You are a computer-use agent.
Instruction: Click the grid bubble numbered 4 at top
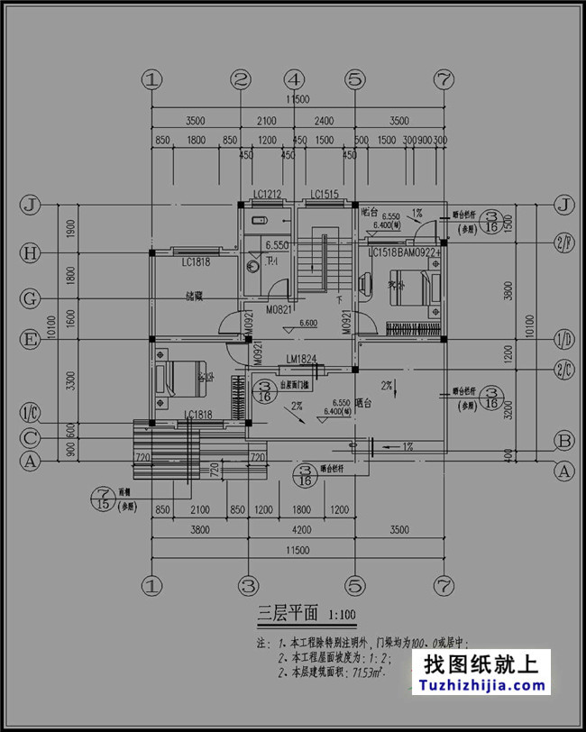coord(297,79)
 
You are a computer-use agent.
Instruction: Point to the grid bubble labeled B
coord(564,441)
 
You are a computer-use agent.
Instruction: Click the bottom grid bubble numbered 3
coord(250,586)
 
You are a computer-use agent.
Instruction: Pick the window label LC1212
coord(268,195)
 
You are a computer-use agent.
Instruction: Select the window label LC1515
coord(325,195)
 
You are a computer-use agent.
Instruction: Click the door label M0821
coord(277,309)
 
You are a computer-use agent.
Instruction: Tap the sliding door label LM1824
coord(300,360)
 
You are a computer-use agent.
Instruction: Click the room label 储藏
coord(194,295)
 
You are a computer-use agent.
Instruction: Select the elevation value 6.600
coord(307,324)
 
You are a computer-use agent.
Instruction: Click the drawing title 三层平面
coord(288,616)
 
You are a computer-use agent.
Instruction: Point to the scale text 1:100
coord(343,618)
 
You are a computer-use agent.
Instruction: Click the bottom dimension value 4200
coord(297,531)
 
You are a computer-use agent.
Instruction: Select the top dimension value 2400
coord(324,121)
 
